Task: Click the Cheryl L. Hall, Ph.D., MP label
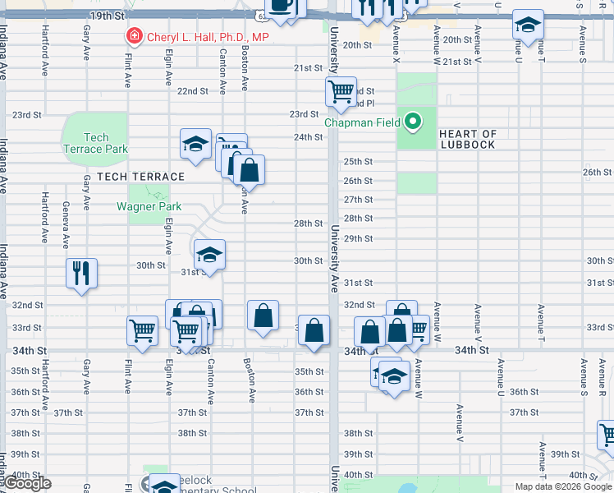tap(207, 37)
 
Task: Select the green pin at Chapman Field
tap(414, 123)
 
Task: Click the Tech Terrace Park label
tap(96, 144)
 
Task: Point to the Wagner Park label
tap(149, 206)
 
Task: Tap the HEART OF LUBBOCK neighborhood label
tap(468, 139)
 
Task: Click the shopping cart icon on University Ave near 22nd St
tap(341, 90)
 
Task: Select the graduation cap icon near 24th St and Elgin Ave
tap(196, 143)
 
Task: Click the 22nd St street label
tap(193, 90)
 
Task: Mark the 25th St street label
tap(358, 161)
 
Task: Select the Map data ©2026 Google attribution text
tap(562, 486)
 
